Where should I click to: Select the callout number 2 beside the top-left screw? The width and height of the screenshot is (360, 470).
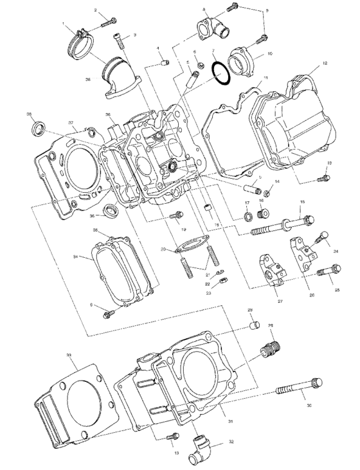click(x=96, y=10)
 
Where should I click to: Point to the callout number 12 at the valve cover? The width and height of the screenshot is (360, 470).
click(x=325, y=63)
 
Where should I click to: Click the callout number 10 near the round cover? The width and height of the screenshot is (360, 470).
click(x=269, y=54)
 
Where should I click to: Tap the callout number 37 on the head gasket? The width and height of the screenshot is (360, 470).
click(x=71, y=123)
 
